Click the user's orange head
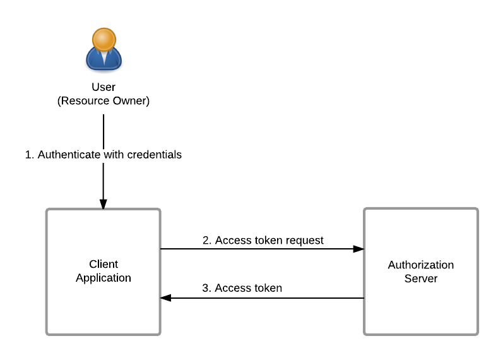pos(104,39)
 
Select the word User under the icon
pos(104,87)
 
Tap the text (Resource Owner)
pos(104,101)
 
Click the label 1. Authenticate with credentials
pos(104,155)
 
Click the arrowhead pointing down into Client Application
pos(104,204)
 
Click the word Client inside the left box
pos(104,264)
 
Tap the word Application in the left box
pos(104,278)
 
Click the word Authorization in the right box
pos(421,265)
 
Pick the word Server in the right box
pos(421,279)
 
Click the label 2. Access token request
pos(263,241)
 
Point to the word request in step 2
pos(304,241)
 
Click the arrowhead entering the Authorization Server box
pos(358,249)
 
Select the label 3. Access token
pos(242,288)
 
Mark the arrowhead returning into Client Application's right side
pos(166,297)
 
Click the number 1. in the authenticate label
pos(29,155)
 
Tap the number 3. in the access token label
pos(206,288)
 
